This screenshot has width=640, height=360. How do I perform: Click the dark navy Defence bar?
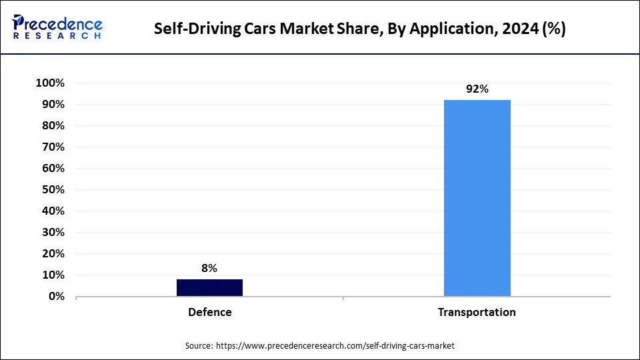click(x=209, y=287)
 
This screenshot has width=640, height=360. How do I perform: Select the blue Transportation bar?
click(x=477, y=198)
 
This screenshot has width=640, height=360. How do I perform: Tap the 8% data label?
click(x=209, y=268)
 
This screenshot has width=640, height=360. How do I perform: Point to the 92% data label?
click(x=477, y=89)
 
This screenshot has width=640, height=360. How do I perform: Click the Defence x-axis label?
click(x=209, y=312)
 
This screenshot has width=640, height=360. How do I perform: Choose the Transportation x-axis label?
click(x=477, y=312)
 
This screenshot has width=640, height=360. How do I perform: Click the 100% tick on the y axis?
click(x=50, y=83)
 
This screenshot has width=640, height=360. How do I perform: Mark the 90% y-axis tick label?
click(x=52, y=105)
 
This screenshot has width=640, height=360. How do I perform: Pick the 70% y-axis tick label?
click(x=52, y=147)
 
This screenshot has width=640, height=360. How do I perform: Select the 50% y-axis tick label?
click(x=52, y=190)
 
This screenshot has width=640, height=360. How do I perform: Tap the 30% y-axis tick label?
click(x=52, y=233)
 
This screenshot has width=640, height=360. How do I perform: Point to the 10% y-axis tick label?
click(x=52, y=275)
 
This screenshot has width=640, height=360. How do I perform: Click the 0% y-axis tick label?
click(x=55, y=297)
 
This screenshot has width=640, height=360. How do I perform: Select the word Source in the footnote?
click(x=199, y=346)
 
